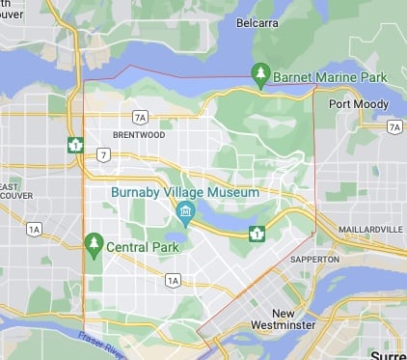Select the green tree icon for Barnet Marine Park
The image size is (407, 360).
260,73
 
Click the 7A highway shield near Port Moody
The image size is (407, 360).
393,127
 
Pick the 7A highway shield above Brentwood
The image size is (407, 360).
141,118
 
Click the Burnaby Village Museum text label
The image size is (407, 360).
185,192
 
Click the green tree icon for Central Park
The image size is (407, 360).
94,242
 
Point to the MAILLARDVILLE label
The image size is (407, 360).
371,230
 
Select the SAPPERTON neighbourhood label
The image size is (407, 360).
314,260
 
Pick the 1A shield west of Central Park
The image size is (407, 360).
35,229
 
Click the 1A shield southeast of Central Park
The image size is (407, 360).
173,281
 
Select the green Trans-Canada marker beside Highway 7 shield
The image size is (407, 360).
76,145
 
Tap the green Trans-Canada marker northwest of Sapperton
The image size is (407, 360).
257,234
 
